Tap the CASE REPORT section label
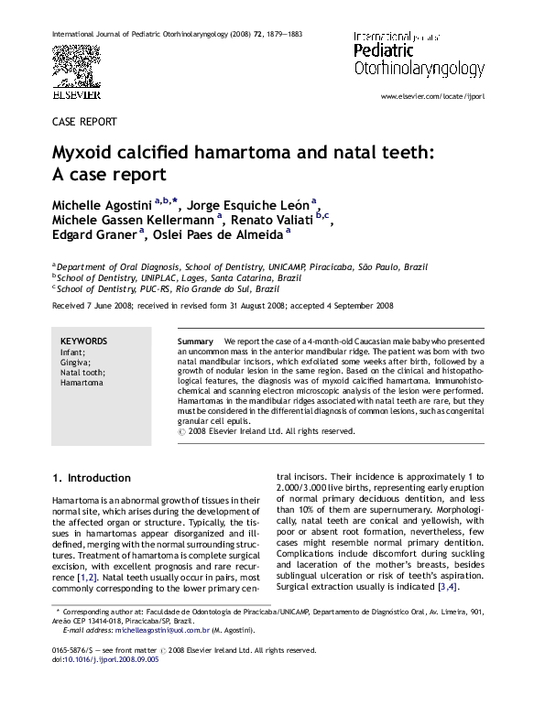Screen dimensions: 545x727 point(84,121)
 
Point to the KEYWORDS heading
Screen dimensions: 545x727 point(84,341)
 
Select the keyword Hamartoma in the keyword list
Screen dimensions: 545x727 point(82,384)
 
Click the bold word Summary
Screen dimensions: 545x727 point(195,341)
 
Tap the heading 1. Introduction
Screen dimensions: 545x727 point(92,478)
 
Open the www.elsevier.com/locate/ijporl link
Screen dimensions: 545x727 point(432,95)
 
